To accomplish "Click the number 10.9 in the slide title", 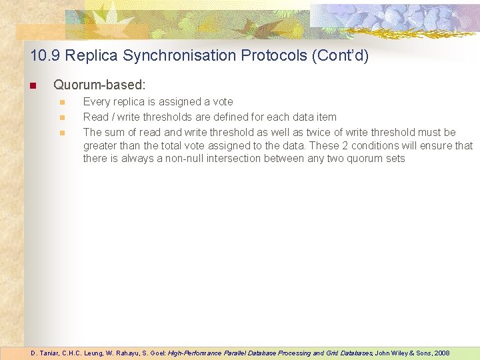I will coord(43,55).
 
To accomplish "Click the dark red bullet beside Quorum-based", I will coord(31,86).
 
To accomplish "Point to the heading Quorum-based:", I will coord(99,85).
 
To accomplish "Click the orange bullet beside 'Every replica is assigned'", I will coord(62,102).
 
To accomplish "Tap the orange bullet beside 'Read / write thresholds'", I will coord(62,117).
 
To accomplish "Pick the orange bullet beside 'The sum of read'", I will coord(62,133).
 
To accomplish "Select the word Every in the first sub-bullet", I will coord(96,102).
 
